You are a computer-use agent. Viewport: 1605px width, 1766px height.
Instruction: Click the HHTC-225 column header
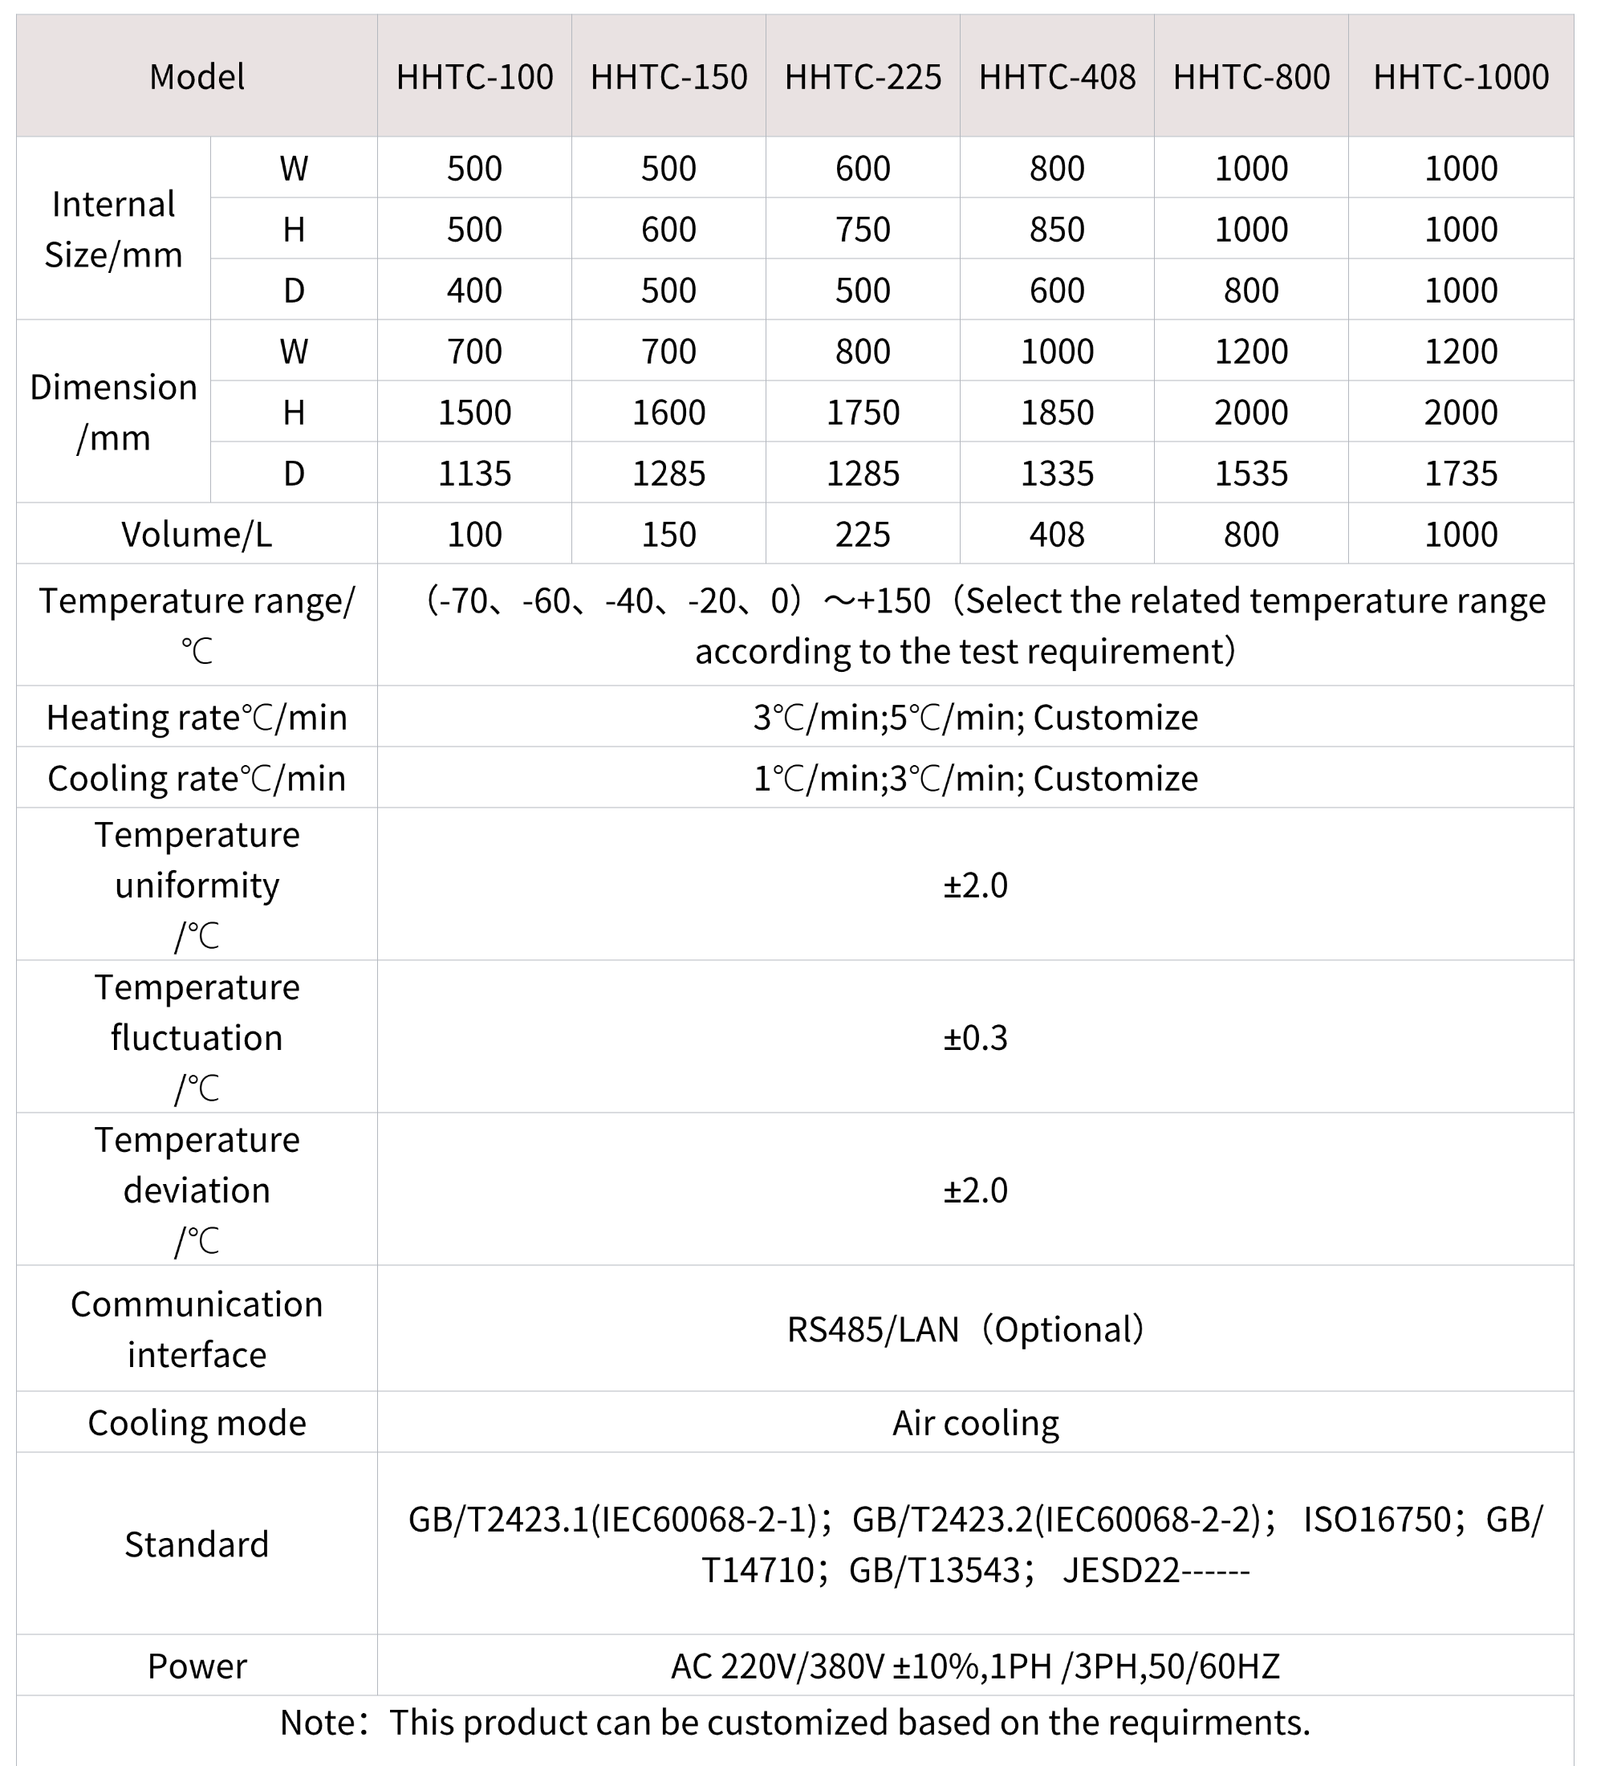point(863,77)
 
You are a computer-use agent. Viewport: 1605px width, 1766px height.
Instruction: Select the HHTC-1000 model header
point(1461,77)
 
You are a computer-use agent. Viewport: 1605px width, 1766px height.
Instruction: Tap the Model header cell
point(197,77)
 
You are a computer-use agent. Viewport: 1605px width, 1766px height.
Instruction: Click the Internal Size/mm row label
point(114,230)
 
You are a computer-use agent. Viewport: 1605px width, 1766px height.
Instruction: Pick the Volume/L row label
point(197,535)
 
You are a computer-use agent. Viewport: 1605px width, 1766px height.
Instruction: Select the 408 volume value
point(1057,535)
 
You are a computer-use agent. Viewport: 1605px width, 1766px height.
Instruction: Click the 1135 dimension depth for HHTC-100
point(474,473)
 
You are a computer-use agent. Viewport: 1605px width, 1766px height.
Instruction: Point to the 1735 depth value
point(1461,473)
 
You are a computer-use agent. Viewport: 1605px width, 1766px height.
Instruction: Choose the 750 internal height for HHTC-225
point(863,230)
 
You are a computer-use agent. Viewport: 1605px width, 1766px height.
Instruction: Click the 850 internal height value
point(1057,230)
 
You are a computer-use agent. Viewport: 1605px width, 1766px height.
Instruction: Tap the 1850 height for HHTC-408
point(1057,413)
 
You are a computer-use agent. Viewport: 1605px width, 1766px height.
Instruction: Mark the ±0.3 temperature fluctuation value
point(975,1038)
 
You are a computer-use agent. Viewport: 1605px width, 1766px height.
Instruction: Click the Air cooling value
point(975,1423)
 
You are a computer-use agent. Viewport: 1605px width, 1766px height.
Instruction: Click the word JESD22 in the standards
point(1122,1571)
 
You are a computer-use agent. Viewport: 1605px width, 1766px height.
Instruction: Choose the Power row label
point(197,1666)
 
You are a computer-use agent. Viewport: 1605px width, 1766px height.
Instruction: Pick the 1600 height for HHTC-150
point(669,413)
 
